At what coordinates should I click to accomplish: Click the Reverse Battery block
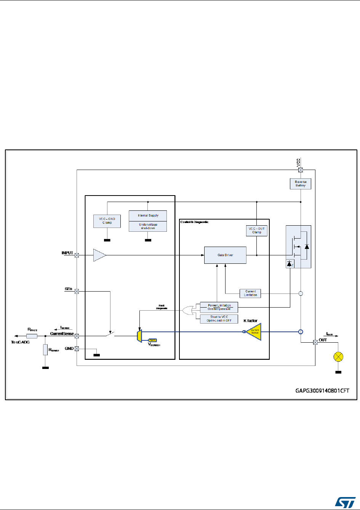click(x=300, y=184)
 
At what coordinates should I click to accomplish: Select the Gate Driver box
click(x=225, y=255)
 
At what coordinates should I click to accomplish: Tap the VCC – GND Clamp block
click(x=107, y=221)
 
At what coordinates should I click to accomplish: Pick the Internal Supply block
click(x=148, y=215)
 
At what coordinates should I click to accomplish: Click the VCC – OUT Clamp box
click(x=257, y=231)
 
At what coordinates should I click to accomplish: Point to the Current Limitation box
click(x=250, y=293)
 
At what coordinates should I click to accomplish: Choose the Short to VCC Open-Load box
click(x=219, y=319)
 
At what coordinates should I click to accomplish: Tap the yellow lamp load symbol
click(x=338, y=357)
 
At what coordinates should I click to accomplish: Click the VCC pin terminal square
click(x=300, y=170)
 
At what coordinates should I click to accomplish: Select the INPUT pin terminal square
click(x=77, y=255)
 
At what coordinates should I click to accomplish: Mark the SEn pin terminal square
click(x=77, y=292)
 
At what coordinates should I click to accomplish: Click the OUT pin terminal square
click(x=315, y=342)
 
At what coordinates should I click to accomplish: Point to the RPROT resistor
click(x=32, y=336)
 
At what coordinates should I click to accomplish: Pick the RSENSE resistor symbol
click(x=45, y=350)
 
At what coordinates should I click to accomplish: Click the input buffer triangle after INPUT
click(x=99, y=255)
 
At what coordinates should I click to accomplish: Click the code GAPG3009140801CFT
click(x=322, y=391)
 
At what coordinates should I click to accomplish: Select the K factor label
click(x=250, y=321)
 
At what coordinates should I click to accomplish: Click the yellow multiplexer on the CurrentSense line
click(x=140, y=336)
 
